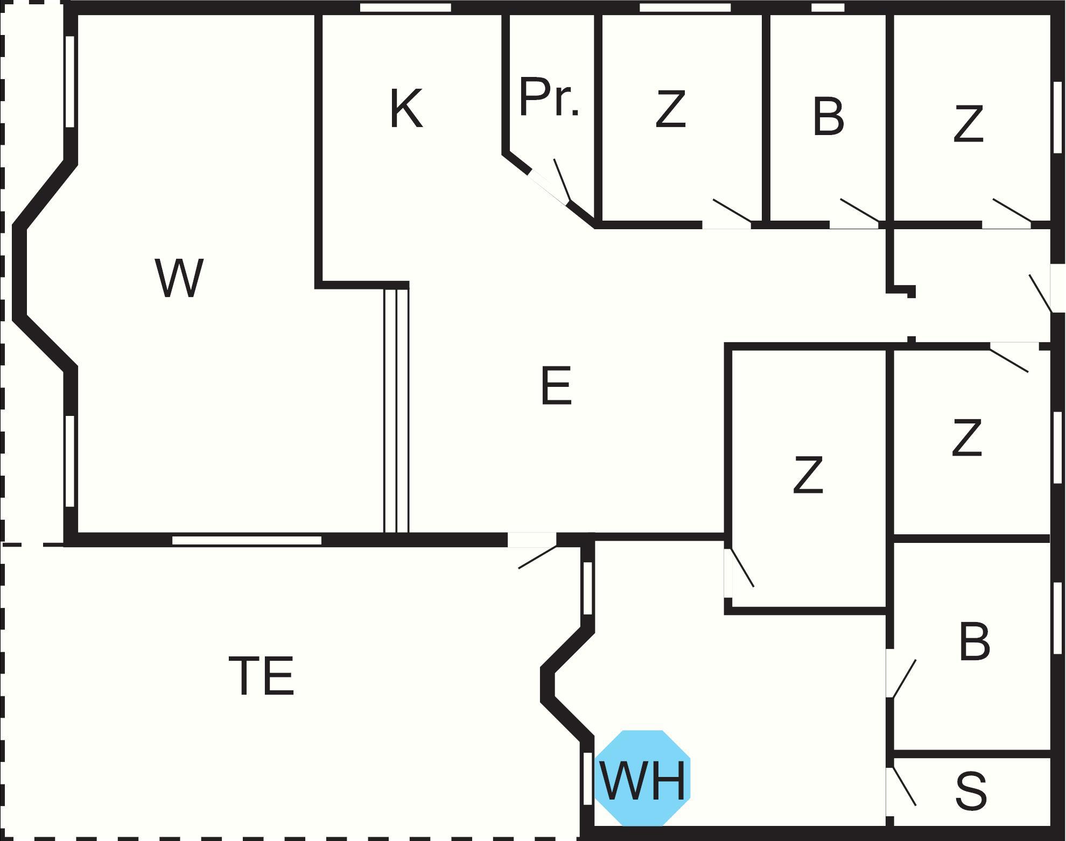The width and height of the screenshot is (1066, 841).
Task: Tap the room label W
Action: [x=179, y=278]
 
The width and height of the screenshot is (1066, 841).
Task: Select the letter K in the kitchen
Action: [x=406, y=109]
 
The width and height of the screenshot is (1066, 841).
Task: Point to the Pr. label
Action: [x=549, y=98]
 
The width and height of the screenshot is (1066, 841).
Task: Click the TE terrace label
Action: [x=262, y=675]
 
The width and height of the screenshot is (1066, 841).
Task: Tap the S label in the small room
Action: [x=971, y=791]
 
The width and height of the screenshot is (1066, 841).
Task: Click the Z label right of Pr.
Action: [x=671, y=110]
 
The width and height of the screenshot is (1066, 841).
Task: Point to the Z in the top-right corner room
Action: [x=969, y=124]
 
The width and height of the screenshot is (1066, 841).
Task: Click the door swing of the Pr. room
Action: [x=562, y=179]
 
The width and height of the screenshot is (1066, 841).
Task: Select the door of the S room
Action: [x=903, y=786]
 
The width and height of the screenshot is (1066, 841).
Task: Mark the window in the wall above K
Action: [x=405, y=8]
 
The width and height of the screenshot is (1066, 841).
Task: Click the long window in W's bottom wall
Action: [x=247, y=540]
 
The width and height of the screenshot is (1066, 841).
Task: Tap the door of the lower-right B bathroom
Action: [x=903, y=678]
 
